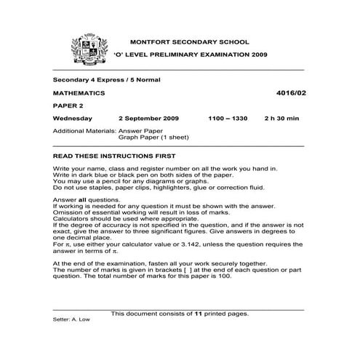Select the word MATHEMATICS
click(x=79, y=94)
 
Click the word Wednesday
click(x=73, y=118)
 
